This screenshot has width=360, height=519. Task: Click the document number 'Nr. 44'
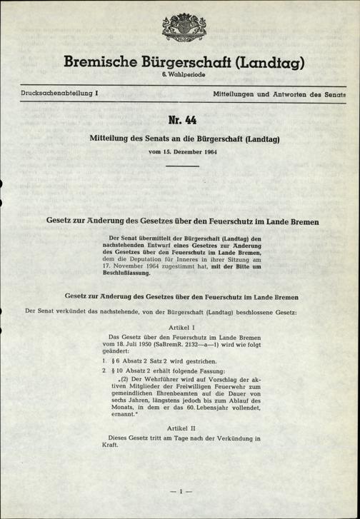pos(179,117)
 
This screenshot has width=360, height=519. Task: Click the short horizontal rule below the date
pos(179,167)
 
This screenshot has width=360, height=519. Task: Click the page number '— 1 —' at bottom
pos(179,491)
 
